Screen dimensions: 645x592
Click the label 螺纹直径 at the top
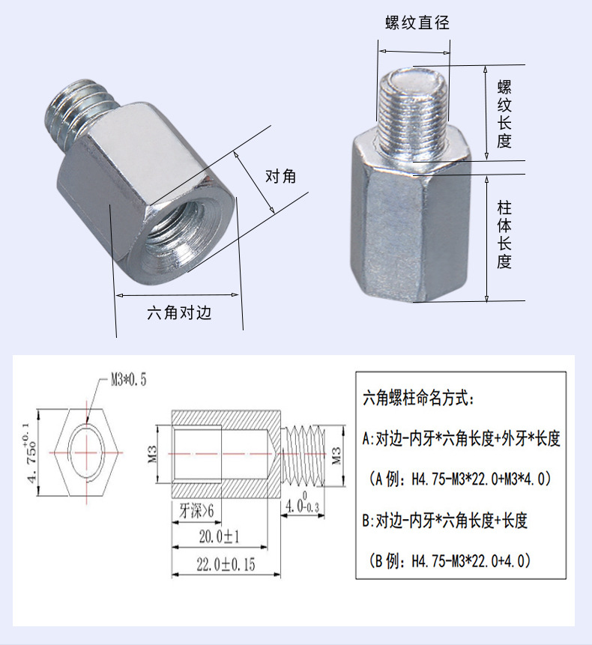click(417, 22)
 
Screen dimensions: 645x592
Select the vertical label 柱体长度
click(504, 234)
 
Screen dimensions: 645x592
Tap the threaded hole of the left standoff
click(174, 240)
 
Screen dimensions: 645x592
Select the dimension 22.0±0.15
click(226, 564)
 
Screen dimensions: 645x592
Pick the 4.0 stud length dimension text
click(302, 507)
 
